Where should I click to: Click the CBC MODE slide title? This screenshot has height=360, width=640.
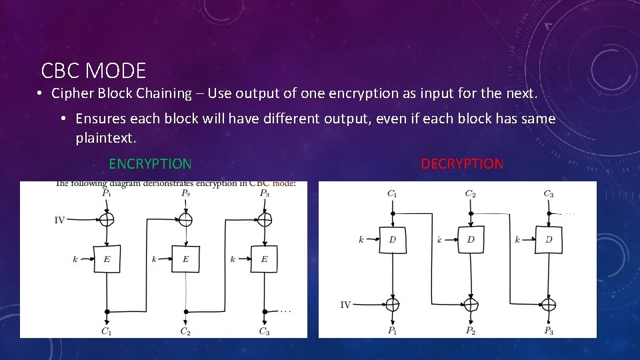click(93, 70)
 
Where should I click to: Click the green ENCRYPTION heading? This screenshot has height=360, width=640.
click(150, 164)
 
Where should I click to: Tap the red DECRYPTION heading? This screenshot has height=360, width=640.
click(462, 164)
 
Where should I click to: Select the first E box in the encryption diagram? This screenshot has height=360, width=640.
click(107, 259)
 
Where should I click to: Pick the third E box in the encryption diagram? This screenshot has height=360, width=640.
click(264, 259)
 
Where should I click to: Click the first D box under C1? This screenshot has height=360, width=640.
click(393, 239)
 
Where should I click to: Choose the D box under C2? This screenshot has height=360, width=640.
click(471, 239)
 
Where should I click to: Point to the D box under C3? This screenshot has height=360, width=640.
click(549, 239)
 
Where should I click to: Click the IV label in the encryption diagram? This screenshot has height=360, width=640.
click(59, 219)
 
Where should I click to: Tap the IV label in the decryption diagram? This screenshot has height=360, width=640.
click(345, 305)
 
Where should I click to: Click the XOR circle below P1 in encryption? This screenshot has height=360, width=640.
click(107, 219)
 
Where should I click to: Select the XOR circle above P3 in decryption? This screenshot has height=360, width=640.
click(549, 305)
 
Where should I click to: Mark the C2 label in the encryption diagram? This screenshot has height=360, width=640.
click(185, 331)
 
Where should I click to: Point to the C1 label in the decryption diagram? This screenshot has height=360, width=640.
click(392, 194)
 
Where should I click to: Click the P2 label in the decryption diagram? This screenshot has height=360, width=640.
click(471, 331)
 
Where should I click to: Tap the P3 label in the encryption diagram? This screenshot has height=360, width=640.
click(265, 193)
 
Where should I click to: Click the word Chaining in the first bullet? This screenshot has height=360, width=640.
click(164, 93)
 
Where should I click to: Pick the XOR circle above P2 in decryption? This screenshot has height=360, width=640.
click(471, 305)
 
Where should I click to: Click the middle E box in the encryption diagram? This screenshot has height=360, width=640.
click(185, 259)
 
